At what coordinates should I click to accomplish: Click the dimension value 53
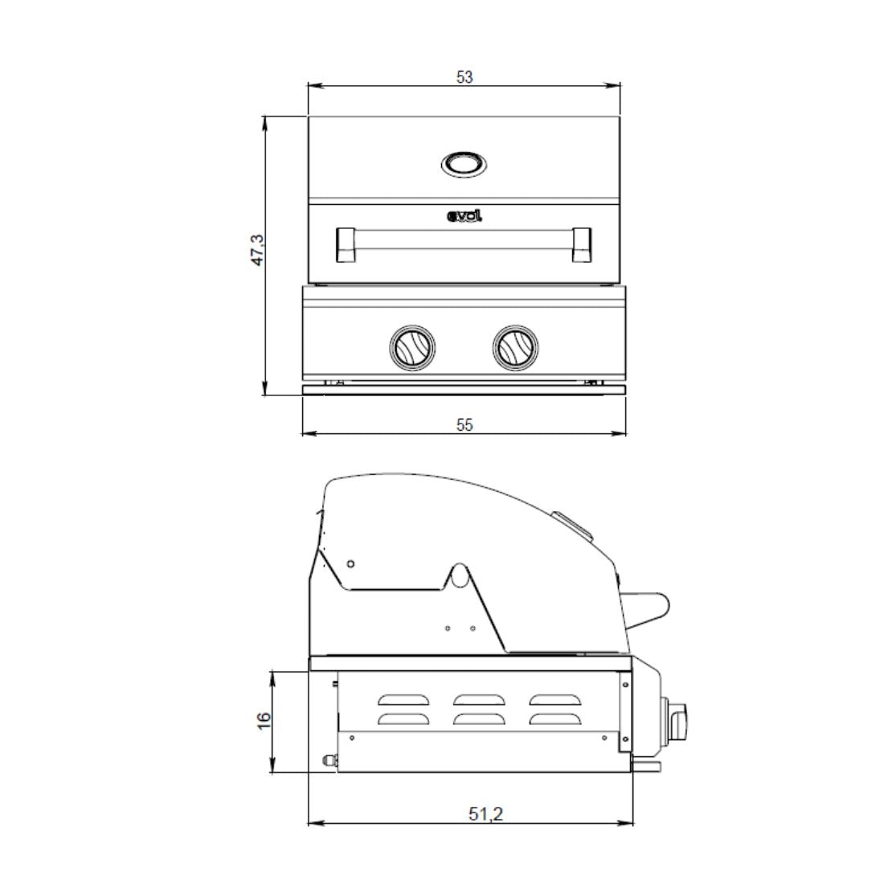pyautogui.click(x=465, y=77)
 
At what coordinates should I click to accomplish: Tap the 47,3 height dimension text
pyautogui.click(x=256, y=250)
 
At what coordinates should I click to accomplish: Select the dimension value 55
pyautogui.click(x=465, y=425)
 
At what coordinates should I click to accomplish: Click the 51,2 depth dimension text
pyautogui.click(x=485, y=813)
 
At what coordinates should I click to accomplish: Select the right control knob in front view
pyautogui.click(x=515, y=346)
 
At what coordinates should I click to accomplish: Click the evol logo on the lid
pyautogui.click(x=464, y=215)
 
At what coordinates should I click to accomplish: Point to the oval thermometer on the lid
pyautogui.click(x=464, y=165)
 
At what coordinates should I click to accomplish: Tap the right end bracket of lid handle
pyautogui.click(x=582, y=244)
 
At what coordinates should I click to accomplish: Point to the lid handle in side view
pyautogui.click(x=646, y=610)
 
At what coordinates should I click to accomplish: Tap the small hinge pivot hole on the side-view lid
pyautogui.click(x=351, y=563)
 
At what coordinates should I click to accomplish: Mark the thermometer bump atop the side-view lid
pyautogui.click(x=572, y=523)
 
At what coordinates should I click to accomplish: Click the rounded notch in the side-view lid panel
pyautogui.click(x=458, y=574)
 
